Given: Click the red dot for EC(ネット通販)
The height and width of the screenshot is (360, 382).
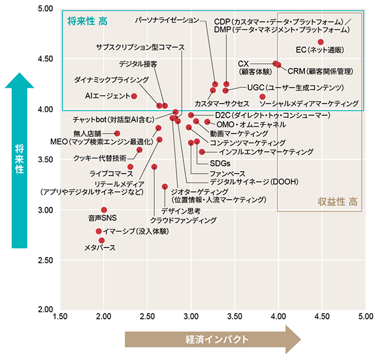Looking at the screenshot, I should click(321, 42).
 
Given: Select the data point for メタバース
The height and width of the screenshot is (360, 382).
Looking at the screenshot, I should click(102, 240).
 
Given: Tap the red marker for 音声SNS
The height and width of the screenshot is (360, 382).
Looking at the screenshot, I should click(104, 210).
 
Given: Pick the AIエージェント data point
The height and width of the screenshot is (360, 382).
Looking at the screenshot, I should click(134, 96).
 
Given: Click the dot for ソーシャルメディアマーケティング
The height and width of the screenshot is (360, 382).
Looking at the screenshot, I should click(263, 97).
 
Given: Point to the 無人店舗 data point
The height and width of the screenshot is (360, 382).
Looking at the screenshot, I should click(117, 134).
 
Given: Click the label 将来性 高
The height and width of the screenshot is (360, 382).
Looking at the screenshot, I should click(88, 22).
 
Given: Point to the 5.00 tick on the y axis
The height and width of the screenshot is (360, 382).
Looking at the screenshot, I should click(45, 9).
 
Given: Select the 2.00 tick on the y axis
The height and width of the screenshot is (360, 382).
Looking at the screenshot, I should click(45, 310).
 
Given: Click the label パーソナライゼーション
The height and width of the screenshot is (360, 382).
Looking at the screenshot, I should click(167, 21).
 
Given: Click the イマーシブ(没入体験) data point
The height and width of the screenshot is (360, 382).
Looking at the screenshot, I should click(99, 231).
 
